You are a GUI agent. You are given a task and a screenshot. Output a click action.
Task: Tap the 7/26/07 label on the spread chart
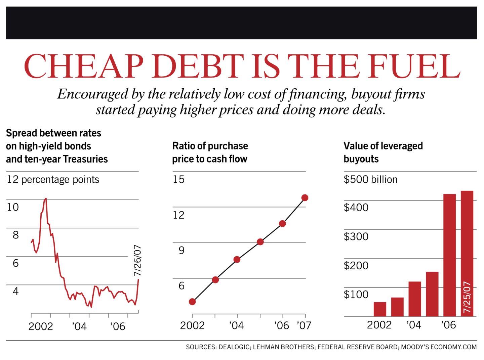tap(137, 260)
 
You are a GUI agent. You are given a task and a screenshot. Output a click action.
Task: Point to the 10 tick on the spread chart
tap(13, 207)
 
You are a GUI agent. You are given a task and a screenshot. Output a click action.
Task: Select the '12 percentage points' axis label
tap(53, 180)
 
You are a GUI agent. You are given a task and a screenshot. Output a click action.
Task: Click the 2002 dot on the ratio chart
tap(192, 302)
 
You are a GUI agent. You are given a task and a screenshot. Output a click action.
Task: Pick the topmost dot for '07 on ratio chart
tap(305, 198)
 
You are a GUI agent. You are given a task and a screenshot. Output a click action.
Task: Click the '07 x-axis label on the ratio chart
tap(304, 325)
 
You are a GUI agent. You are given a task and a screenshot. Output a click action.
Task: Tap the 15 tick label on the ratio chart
tap(178, 179)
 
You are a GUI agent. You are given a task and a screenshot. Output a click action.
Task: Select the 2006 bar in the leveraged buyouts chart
tap(449, 255)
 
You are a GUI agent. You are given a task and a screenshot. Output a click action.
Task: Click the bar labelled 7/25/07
tap(467, 254)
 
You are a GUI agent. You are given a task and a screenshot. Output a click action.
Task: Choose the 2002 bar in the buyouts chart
tap(380, 309)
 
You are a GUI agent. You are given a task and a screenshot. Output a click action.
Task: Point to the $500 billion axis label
tap(370, 180)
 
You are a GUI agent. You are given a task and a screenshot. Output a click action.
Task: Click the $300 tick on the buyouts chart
tap(356, 237)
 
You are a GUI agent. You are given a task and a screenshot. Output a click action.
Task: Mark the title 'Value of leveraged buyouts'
tap(383, 152)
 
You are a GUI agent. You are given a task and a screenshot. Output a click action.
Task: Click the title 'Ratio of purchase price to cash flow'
tap(210, 152)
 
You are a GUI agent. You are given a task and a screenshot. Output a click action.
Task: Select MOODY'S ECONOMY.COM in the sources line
tap(439, 347)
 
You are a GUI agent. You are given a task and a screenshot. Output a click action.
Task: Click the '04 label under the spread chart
tap(79, 326)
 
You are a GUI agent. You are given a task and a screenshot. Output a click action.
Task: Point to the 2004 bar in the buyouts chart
tap(415, 299)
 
